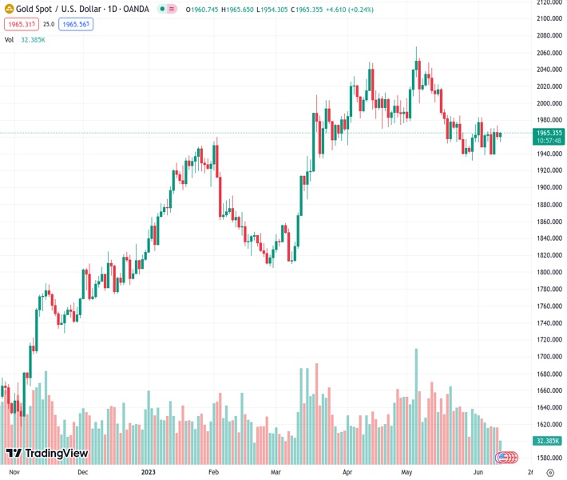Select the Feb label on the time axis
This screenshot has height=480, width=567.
click(213, 472)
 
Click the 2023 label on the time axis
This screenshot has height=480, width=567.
click(149, 472)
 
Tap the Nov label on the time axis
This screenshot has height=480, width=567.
click(14, 472)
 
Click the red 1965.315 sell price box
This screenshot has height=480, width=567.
click(20, 24)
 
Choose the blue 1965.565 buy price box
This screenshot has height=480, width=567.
click(76, 24)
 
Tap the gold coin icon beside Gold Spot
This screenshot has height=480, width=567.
click(9, 9)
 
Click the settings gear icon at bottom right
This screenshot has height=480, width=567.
click(550, 472)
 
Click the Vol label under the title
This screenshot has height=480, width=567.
click(10, 39)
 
